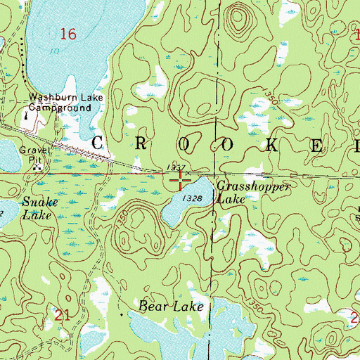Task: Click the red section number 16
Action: tap(68, 34)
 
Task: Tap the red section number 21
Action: tap(62, 316)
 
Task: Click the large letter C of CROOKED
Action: tap(99, 142)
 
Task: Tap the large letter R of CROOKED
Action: tap(153, 142)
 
